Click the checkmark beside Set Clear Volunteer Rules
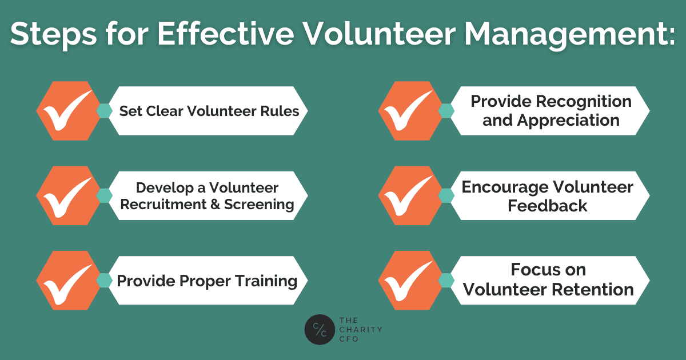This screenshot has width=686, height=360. pyautogui.click(x=67, y=110)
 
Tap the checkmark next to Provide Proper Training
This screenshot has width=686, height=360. pyautogui.click(x=67, y=284)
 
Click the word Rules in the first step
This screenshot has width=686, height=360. pyautogui.click(x=280, y=111)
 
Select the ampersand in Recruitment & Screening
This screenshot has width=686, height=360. pyautogui.click(x=215, y=205)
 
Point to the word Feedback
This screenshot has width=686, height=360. pyautogui.click(x=548, y=205)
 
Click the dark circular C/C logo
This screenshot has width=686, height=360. pyautogui.click(x=320, y=329)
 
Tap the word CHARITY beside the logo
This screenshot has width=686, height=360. pyautogui.click(x=361, y=330)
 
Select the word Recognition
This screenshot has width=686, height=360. pyautogui.click(x=584, y=102)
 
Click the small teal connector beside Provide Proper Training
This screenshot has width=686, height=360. pyautogui.click(x=105, y=281)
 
